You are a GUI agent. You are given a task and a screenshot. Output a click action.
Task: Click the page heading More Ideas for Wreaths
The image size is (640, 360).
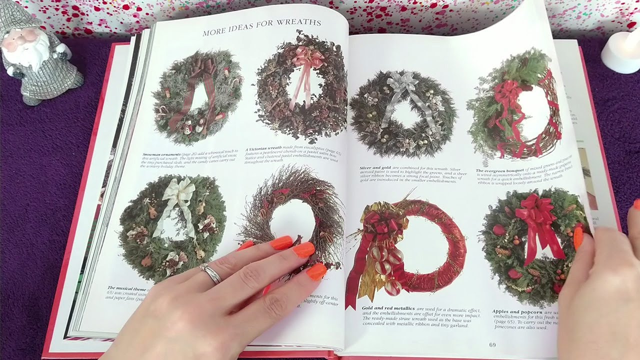261,28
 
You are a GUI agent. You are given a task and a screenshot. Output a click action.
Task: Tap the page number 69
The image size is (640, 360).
492,344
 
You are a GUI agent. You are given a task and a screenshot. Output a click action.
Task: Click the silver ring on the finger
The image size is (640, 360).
211,273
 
